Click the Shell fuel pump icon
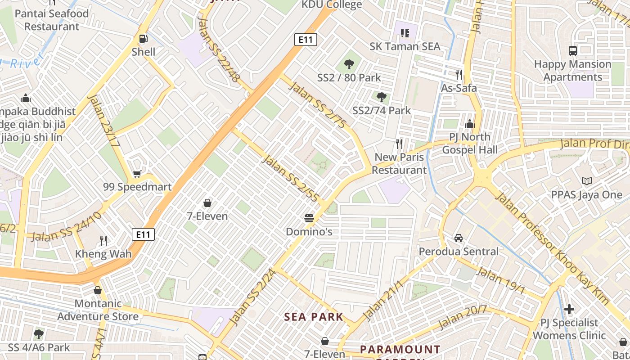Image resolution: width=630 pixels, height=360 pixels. pyautogui.click(x=143, y=39)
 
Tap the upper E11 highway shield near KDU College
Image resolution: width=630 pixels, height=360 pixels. pyautogui.click(x=306, y=40)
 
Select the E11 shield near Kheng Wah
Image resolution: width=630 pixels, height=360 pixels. pyautogui.click(x=143, y=234)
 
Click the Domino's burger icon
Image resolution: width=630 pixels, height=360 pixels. pyautogui.click(x=309, y=218)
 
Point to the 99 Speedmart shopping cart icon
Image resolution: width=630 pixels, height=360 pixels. pyautogui.click(x=137, y=174)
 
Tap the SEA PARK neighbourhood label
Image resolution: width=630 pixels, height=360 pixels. pyautogui.click(x=314, y=317)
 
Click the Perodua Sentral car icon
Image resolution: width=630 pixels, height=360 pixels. pyautogui.click(x=459, y=238)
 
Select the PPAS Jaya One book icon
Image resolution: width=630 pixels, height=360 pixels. pyautogui.click(x=586, y=181)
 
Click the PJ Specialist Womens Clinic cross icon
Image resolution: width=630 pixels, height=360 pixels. pyautogui.click(x=569, y=309)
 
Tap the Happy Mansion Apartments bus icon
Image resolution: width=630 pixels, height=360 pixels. pyautogui.click(x=572, y=50)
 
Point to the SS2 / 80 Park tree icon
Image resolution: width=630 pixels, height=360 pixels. pyautogui.click(x=349, y=64)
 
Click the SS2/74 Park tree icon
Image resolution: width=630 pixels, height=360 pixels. pyautogui.click(x=381, y=96)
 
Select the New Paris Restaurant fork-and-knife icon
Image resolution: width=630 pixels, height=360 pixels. pyautogui.click(x=399, y=144)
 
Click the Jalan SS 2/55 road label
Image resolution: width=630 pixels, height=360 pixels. pyautogui.click(x=290, y=178)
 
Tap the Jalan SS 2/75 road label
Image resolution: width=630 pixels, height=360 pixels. pyautogui.click(x=318, y=105)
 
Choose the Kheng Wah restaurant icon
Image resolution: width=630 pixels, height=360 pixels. pyautogui.click(x=103, y=240)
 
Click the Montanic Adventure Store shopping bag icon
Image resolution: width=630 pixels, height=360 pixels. pyautogui.click(x=98, y=290)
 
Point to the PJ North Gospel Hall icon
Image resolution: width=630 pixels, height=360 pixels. pyautogui.click(x=470, y=123)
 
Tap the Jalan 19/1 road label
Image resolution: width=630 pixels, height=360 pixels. pyautogui.click(x=500, y=280)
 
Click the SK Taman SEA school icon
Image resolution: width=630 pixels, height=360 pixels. pyautogui.click(x=405, y=33)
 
